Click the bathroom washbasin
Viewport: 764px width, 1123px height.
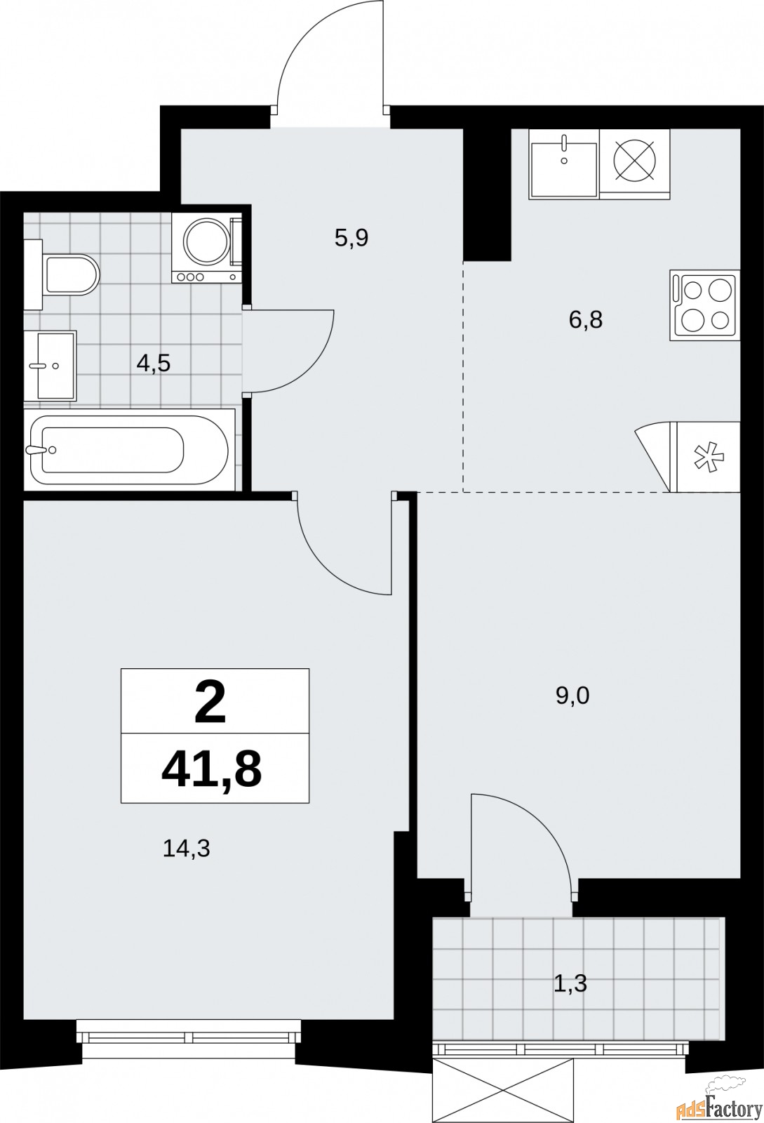[50, 365]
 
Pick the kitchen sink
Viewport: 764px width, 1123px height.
[564, 163]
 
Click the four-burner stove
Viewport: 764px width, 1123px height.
[704, 306]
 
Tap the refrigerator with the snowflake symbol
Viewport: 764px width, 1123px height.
[706, 456]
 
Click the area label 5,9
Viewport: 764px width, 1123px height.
[351, 238]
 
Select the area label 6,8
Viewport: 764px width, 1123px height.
[586, 320]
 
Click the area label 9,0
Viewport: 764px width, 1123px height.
[572, 696]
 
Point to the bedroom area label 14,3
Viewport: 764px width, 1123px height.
[187, 849]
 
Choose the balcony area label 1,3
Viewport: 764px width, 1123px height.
[570, 983]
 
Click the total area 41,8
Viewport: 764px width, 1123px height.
[212, 769]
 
